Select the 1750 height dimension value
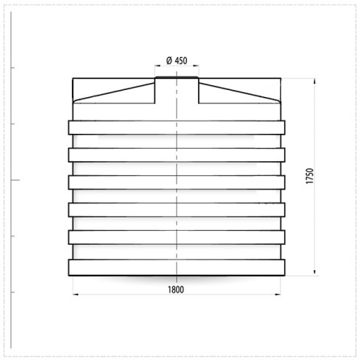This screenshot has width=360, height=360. pyautogui.click(x=310, y=176)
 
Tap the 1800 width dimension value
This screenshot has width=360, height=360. pyautogui.click(x=175, y=290)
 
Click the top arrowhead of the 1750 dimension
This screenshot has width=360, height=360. pyautogui.click(x=315, y=81)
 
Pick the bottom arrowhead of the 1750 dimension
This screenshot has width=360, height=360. pyautogui.click(x=315, y=271)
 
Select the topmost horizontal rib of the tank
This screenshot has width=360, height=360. pyautogui.click(x=177, y=128)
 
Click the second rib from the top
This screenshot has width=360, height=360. pyautogui.click(x=177, y=154)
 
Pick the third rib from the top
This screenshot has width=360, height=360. pyautogui.click(x=177, y=182)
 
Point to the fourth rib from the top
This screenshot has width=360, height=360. pyautogui.click(x=177, y=209)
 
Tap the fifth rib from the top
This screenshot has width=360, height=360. pyautogui.click(x=177, y=236)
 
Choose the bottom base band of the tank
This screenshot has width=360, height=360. pyautogui.click(x=177, y=267)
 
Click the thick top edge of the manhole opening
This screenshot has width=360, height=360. pyautogui.click(x=177, y=77)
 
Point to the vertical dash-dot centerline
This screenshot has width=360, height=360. pyautogui.click(x=177, y=168)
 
